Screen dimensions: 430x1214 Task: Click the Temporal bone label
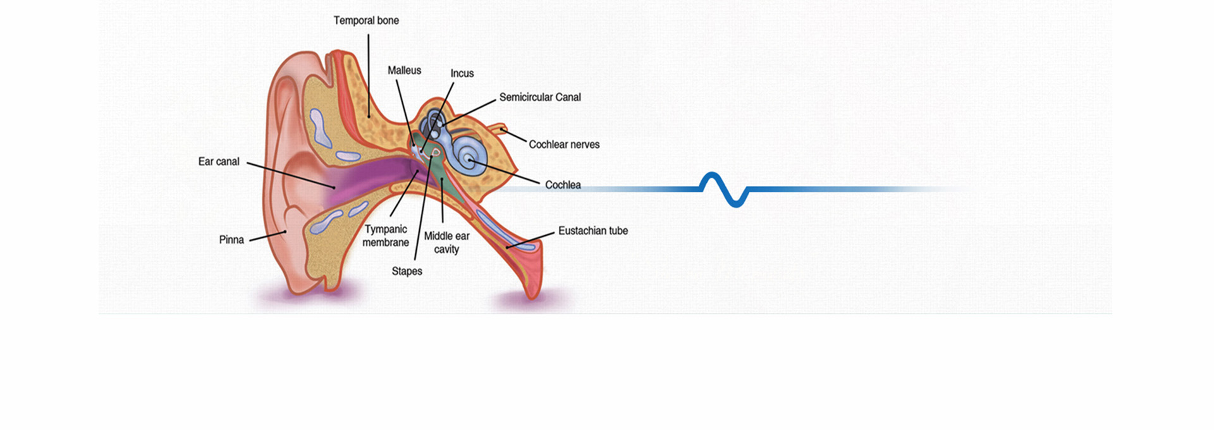pos(366,21)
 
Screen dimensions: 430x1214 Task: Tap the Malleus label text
pos(404,70)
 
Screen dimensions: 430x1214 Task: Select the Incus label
pos(462,73)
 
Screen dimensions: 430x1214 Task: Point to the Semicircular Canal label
pos(540,97)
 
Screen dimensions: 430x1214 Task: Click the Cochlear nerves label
pos(564,145)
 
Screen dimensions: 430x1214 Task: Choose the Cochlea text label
pos(563,185)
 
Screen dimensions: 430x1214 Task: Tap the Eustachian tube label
pos(592,231)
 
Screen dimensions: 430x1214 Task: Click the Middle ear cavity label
pos(446,243)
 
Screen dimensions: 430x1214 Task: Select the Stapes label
pos(407,271)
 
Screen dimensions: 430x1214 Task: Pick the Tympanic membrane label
pos(386,236)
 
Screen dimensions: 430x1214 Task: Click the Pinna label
pos(231,240)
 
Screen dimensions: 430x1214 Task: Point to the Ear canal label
pos(219,162)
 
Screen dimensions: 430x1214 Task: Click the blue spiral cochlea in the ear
pos(469,155)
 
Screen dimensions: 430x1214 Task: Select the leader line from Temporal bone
pos(369,76)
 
